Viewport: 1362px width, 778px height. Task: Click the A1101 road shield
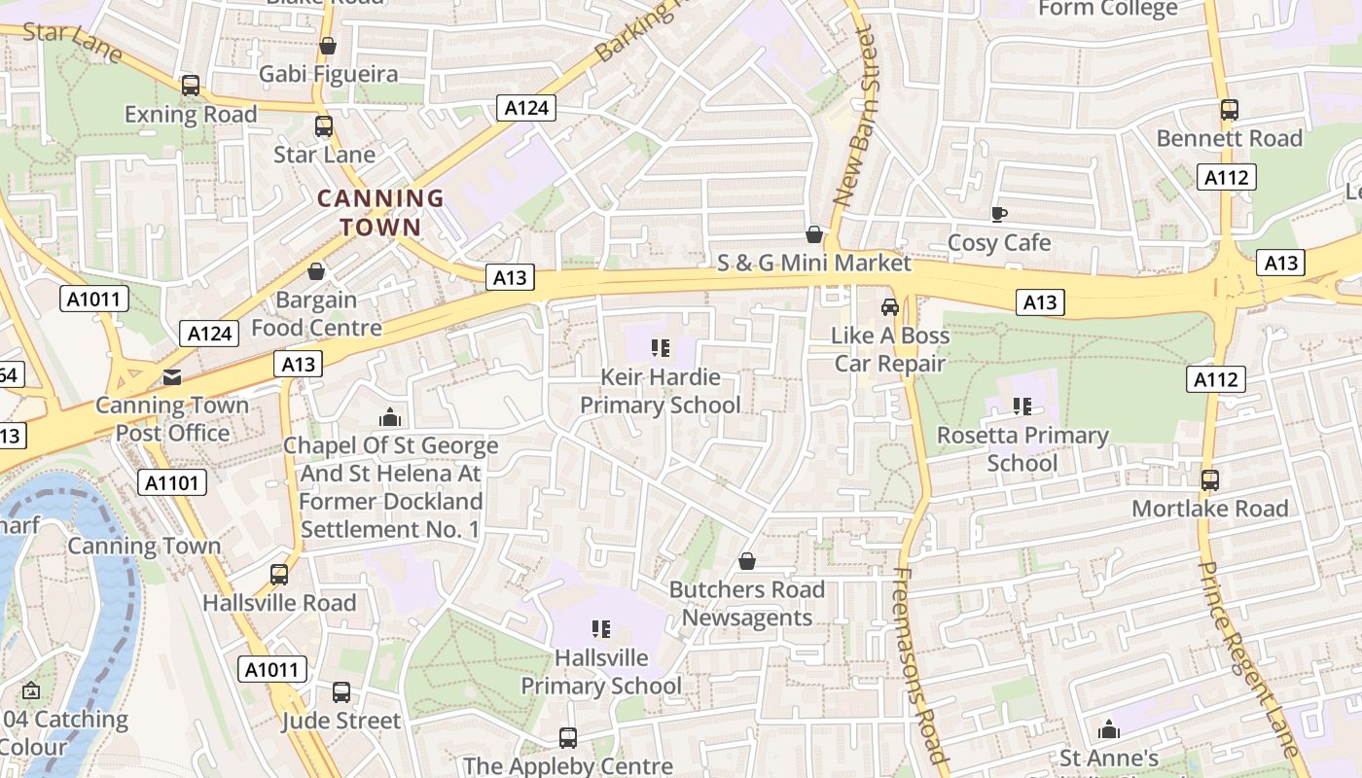coord(172,482)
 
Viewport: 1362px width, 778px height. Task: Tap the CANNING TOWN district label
coord(381,213)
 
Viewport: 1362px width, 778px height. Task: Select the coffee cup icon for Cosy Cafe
coord(998,214)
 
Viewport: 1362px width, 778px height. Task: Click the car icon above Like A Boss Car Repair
coord(889,307)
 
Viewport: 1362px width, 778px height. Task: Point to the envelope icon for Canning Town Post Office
coord(172,377)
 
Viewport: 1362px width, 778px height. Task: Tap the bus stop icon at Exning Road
coord(191,86)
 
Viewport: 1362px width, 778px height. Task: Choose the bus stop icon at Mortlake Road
coord(1209,480)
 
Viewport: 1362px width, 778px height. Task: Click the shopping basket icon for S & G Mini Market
coord(814,234)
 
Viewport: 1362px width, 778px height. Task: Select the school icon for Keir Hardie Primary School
coord(661,348)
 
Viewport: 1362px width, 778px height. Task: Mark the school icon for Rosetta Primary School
coord(1021,407)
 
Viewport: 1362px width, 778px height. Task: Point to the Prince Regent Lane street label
coord(1248,657)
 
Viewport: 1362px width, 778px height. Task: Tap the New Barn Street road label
coord(855,117)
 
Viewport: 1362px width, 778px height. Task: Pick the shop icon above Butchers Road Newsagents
coord(747,561)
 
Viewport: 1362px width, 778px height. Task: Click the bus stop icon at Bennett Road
coord(1229,110)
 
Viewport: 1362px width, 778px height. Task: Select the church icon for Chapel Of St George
coord(390,418)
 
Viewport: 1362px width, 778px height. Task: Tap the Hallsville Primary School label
coord(601,672)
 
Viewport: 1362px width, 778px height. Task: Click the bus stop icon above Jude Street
coord(340,692)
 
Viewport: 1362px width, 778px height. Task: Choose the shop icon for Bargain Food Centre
coord(316,271)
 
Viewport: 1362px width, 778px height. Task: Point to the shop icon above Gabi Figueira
coord(328,46)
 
